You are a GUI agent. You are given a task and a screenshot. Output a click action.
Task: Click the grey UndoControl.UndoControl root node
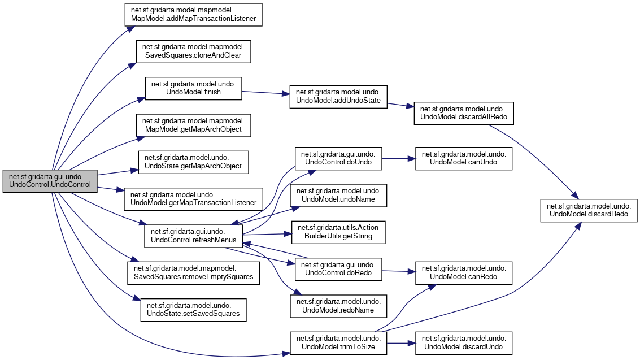point(50,181)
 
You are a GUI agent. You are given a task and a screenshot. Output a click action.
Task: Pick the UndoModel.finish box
point(194,87)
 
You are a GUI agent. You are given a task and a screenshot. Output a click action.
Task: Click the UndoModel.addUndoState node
point(338,97)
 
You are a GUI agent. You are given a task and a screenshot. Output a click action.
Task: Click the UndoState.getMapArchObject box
point(193,162)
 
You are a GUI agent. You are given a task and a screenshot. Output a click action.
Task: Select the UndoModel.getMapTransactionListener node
point(193,198)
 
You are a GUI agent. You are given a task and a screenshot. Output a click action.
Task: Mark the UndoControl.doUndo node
point(338,158)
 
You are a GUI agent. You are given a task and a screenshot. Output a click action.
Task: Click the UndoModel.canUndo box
point(464,158)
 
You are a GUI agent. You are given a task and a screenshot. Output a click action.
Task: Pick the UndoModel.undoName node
point(338,195)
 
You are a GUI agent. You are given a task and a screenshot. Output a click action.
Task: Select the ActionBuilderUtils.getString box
point(338,232)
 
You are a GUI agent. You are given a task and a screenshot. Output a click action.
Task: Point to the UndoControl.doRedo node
point(338,268)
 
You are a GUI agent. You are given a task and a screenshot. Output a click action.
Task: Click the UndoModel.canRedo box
point(464,272)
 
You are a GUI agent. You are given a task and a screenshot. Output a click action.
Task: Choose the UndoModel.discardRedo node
point(589,209)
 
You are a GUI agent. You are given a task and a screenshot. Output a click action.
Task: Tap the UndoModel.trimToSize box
point(338,343)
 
